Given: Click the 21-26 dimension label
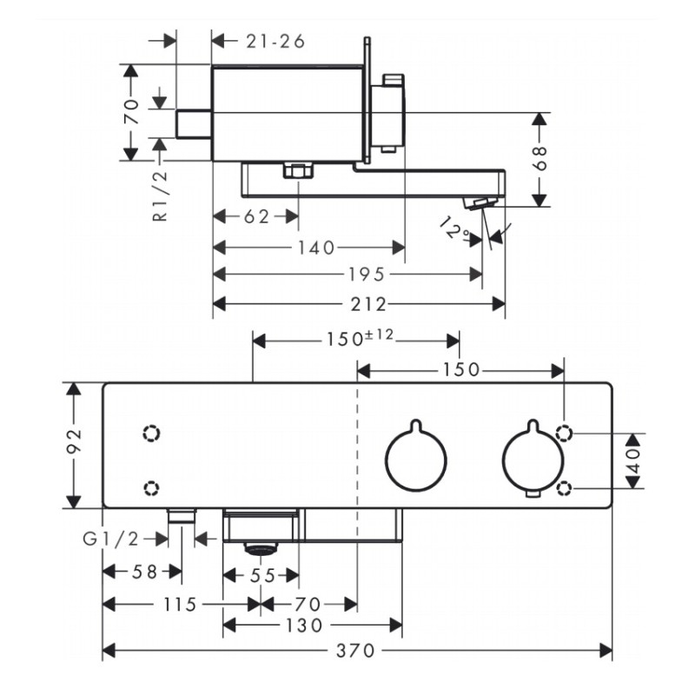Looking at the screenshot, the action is point(275,41).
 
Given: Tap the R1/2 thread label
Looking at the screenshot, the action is point(161,195).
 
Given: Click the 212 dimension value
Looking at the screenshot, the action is point(368,305).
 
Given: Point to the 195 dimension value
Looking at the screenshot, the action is point(366,275).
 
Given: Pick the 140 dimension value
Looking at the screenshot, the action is point(316,248).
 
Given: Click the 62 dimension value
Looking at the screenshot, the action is point(256,216).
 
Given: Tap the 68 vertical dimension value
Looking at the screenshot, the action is point(540,158).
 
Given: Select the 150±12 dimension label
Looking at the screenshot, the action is point(360,338).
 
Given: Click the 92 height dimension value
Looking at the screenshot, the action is point(74,440).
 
